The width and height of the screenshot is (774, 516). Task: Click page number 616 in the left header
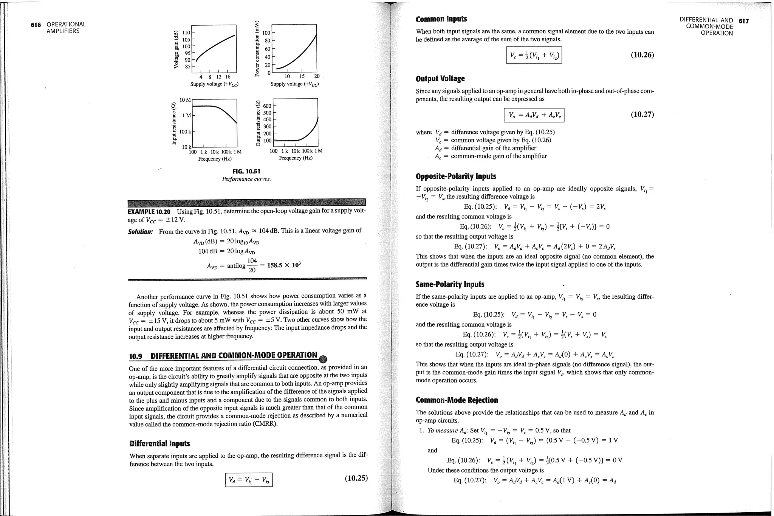coord(36,25)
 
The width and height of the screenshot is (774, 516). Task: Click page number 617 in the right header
coord(743,21)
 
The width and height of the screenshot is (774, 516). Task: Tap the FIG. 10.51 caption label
coord(246,172)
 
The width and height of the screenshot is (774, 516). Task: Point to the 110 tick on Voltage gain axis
coord(186,33)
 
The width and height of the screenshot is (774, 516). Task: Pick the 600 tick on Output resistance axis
coord(267,106)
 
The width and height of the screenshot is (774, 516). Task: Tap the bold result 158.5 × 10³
coord(283,265)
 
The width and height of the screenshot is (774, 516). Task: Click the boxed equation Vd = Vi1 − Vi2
coord(249,480)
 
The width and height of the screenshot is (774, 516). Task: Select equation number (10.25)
coord(356,478)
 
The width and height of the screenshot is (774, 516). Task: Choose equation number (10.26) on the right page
coord(642,55)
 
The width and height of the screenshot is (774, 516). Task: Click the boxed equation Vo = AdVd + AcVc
coord(534,115)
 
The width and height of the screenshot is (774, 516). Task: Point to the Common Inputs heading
coord(441,19)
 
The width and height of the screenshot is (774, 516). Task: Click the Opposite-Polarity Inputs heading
coord(456,177)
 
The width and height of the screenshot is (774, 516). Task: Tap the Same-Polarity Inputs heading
coord(450,284)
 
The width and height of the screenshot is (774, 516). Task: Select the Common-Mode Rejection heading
coord(457,400)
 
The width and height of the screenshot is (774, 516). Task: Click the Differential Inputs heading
coord(159,443)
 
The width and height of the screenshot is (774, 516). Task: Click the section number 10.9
coord(136,356)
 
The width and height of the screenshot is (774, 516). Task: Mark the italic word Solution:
coord(141,232)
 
